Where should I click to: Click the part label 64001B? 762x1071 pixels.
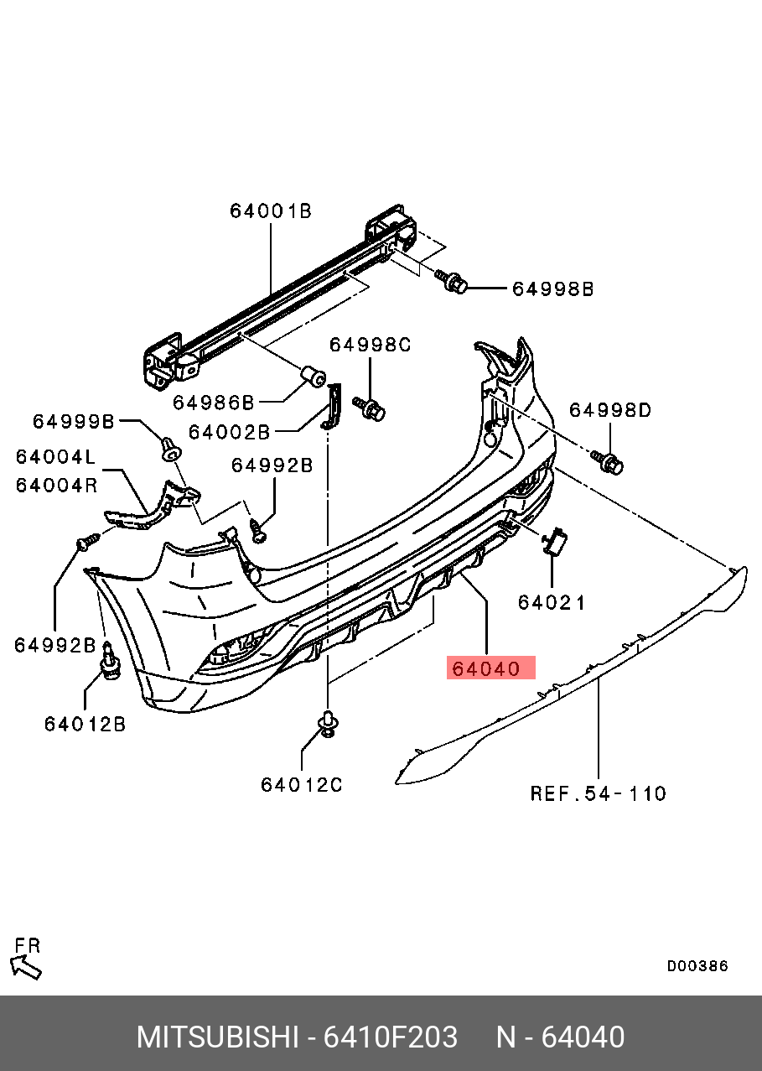(x=270, y=211)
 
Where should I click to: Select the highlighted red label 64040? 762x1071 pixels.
(x=490, y=668)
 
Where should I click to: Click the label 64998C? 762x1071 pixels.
(x=370, y=345)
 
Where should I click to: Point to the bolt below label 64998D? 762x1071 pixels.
(x=609, y=460)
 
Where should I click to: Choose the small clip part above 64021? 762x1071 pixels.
(x=555, y=543)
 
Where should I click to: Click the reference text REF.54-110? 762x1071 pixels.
(x=599, y=793)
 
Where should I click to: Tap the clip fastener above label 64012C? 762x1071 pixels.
(x=328, y=723)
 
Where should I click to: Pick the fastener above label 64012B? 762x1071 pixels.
(x=109, y=663)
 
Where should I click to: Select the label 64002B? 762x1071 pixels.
(x=229, y=433)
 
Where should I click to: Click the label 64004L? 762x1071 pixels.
(x=56, y=457)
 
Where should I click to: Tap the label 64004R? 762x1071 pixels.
(x=56, y=485)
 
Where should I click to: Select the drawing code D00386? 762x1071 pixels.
(x=697, y=966)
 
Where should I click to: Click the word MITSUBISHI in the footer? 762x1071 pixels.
(x=217, y=1037)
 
